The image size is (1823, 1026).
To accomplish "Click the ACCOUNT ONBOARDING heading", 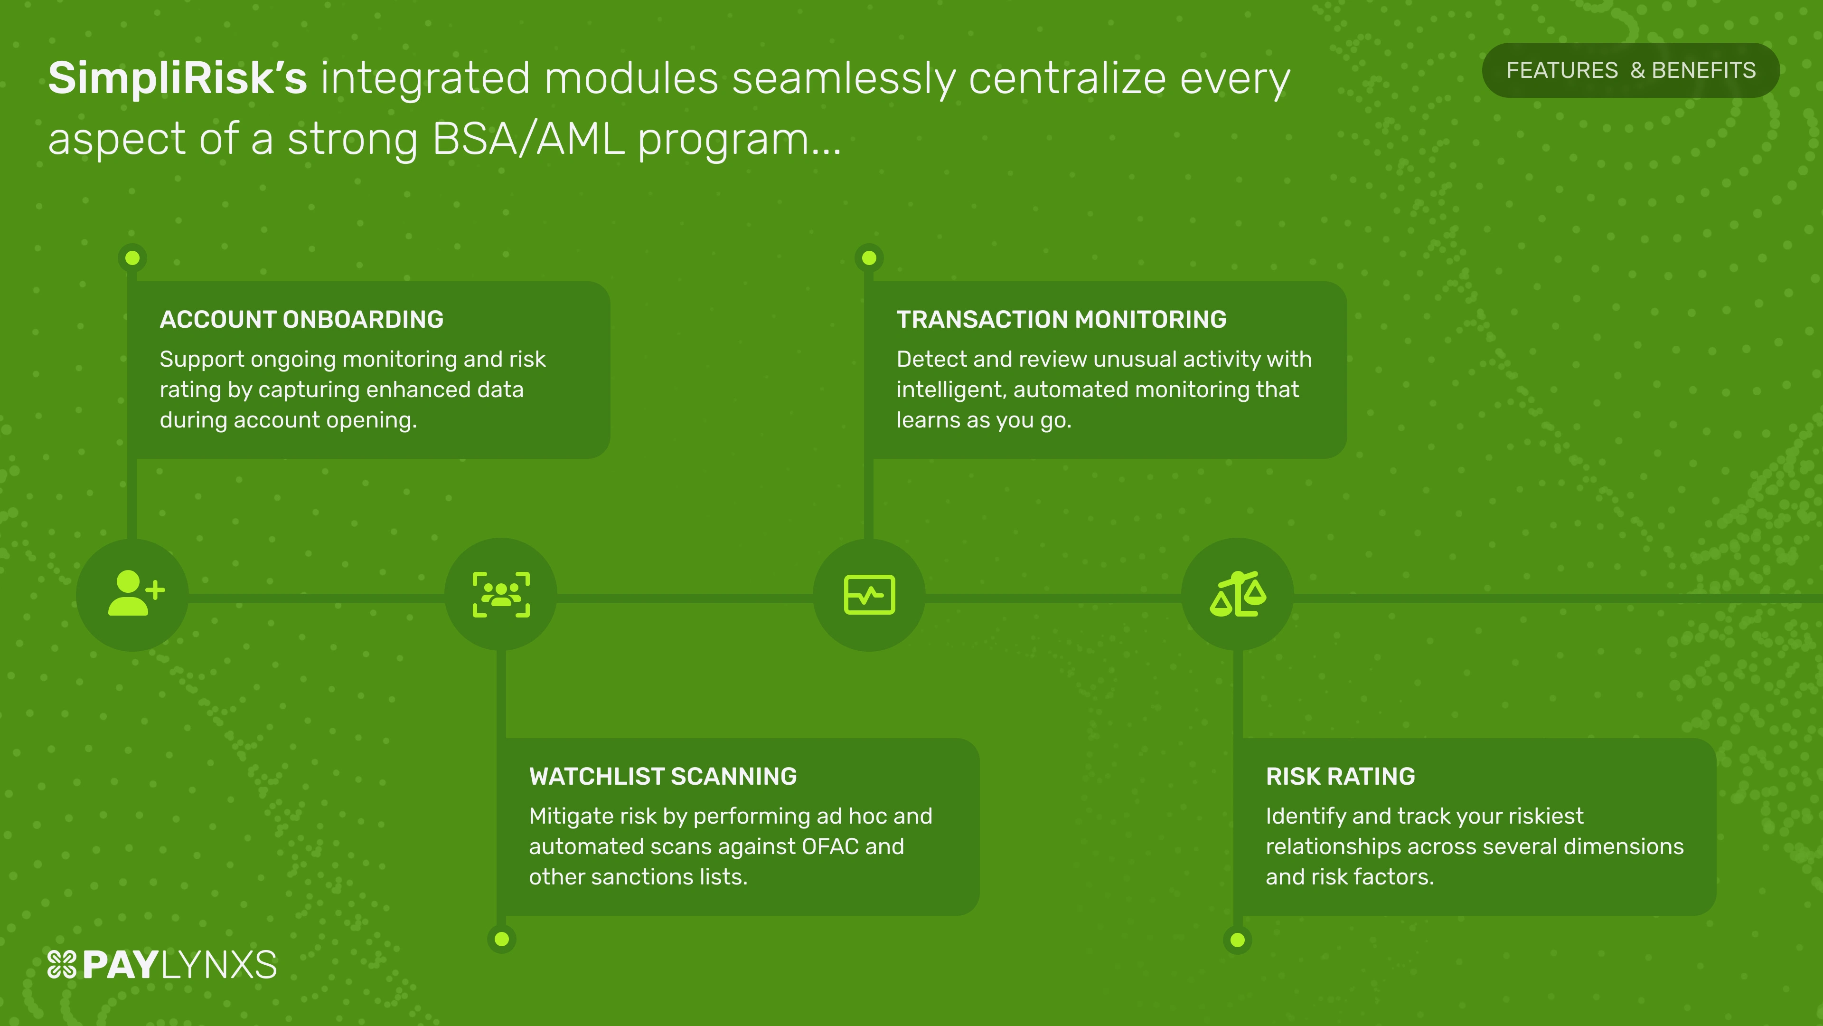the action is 301,319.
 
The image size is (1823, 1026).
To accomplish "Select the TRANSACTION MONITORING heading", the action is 1062,319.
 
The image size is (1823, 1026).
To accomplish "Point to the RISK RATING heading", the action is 1340,776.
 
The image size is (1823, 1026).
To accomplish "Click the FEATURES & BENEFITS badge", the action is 1631,70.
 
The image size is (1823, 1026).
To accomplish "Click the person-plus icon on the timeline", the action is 136,593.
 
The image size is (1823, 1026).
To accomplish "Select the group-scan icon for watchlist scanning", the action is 501,594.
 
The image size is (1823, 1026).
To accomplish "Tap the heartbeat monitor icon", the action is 870,594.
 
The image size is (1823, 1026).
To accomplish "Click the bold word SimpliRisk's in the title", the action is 178,78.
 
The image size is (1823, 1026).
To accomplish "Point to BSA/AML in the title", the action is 528,138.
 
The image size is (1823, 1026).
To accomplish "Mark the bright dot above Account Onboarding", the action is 132,258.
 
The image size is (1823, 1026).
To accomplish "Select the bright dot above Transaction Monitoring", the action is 869,258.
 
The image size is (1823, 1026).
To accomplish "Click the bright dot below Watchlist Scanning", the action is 502,940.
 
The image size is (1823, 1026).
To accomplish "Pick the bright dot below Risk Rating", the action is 1238,940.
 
